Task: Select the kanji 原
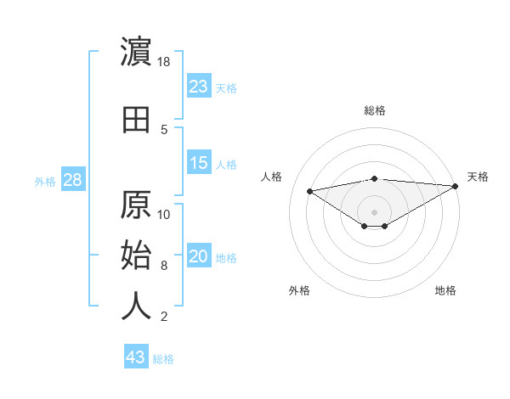click(137, 205)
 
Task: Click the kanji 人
click(137, 306)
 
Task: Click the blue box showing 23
click(199, 87)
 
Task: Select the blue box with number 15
click(199, 163)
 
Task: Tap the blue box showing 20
click(199, 257)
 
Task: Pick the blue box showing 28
click(72, 180)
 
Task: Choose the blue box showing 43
click(136, 357)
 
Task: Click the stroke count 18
click(164, 62)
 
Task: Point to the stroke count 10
click(164, 215)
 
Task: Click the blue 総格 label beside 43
click(163, 359)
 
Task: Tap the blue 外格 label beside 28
click(45, 181)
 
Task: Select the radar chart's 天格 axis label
click(478, 177)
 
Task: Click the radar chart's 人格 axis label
click(272, 177)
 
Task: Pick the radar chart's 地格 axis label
click(445, 290)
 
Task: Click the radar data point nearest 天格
click(456, 187)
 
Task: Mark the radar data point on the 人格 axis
click(310, 190)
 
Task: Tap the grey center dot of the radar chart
click(374, 211)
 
